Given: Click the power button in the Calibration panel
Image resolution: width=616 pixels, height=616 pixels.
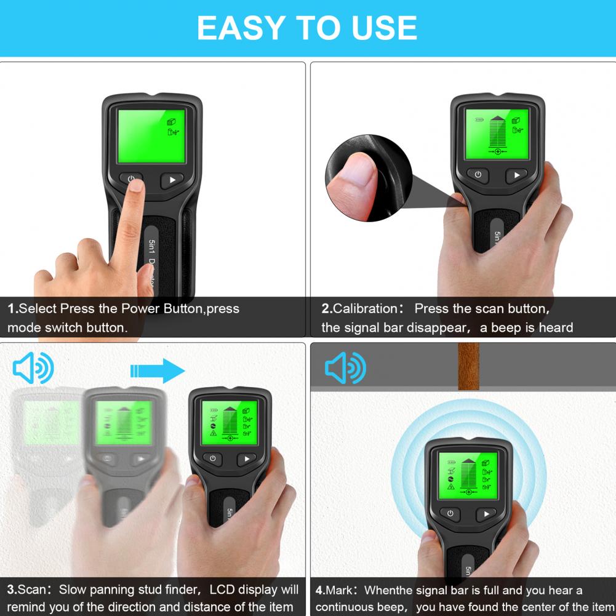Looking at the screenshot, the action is [x=478, y=174].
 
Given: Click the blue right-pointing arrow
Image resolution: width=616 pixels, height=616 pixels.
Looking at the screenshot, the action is [x=158, y=370].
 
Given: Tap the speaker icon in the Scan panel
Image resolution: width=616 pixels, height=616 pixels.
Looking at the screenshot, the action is [x=33, y=368].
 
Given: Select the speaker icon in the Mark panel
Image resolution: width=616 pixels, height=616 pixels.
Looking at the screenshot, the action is [x=346, y=368].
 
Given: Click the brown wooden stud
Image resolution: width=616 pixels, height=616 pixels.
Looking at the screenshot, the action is [x=468, y=366].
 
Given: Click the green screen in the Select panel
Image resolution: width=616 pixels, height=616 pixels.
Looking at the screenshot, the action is [x=151, y=136].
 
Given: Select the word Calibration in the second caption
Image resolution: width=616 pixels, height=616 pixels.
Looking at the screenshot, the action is [x=366, y=309].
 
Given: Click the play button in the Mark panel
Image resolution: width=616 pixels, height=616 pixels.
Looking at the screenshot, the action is [x=486, y=514].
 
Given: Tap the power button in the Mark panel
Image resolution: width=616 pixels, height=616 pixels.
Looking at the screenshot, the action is [x=450, y=513].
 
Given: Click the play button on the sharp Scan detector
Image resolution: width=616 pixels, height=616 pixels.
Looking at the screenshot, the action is [x=247, y=459].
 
